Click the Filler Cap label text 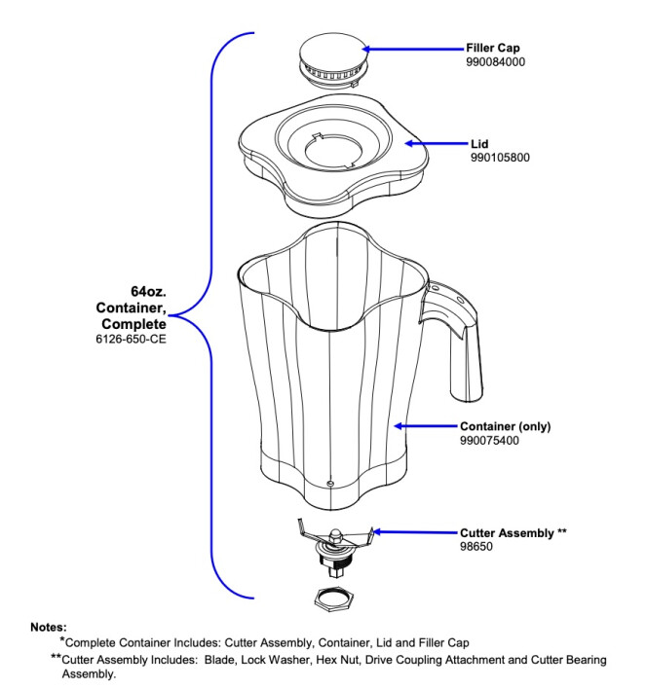pos(493,48)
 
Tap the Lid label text pos(479,143)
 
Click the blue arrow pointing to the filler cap pos(413,48)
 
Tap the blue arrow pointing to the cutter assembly pos(413,532)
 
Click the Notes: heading pos(49,628)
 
